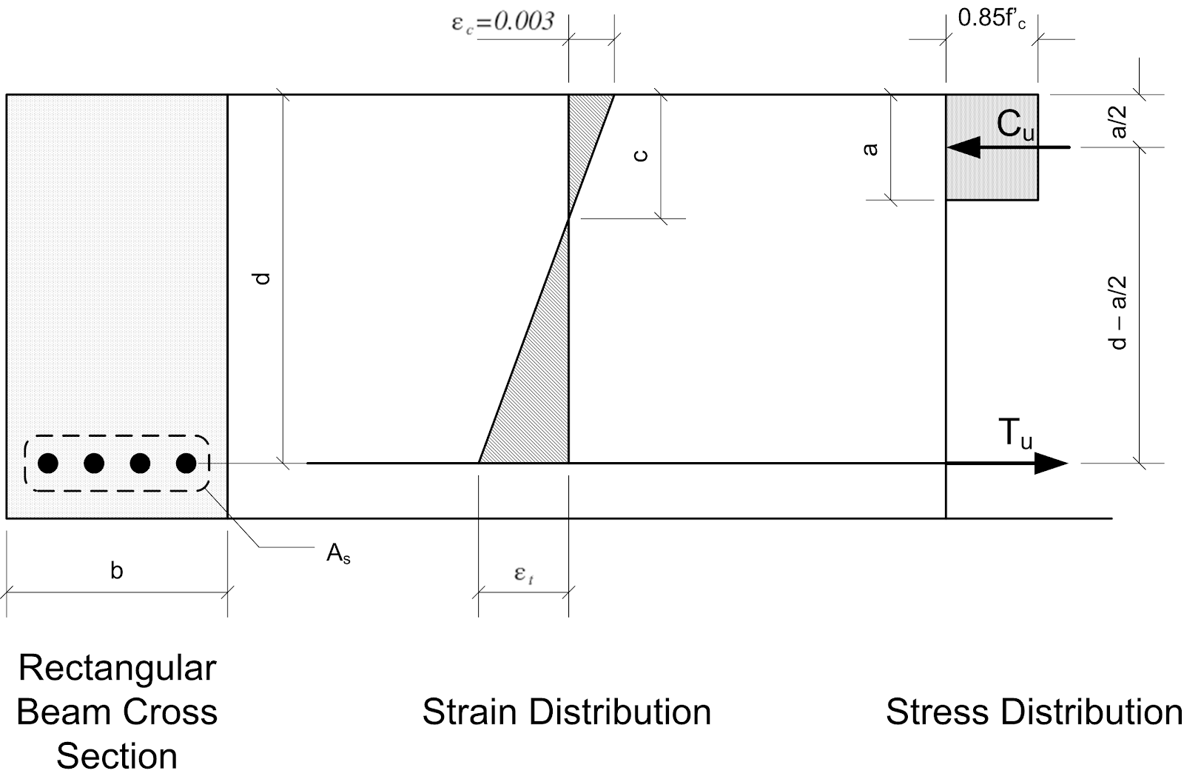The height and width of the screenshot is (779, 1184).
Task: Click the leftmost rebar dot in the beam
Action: (48, 464)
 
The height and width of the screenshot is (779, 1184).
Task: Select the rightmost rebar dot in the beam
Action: (186, 464)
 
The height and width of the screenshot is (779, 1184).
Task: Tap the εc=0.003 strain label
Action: (502, 21)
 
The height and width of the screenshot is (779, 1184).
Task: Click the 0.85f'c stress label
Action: (992, 19)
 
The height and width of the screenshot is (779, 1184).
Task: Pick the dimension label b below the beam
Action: (116, 571)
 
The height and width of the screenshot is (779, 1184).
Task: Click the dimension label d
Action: (263, 279)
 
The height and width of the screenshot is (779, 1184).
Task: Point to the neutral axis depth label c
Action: (641, 155)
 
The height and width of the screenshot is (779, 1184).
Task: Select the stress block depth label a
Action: (871, 149)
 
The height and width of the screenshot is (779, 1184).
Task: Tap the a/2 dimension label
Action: (1119, 121)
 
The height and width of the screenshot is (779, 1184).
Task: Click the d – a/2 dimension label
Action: (1119, 312)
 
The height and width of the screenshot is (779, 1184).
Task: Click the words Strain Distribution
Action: (567, 712)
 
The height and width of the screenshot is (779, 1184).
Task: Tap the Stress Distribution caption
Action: (1034, 712)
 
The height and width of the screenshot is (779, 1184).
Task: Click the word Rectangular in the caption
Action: (117, 668)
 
